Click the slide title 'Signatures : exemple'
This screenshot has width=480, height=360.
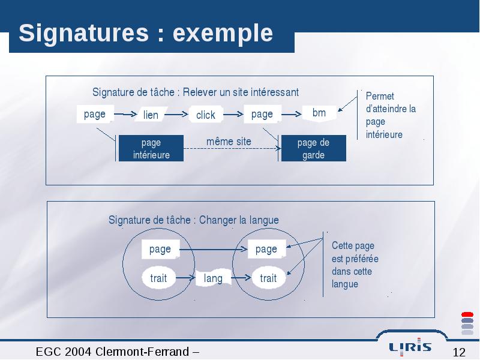(146, 33)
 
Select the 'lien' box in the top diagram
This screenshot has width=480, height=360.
(151, 114)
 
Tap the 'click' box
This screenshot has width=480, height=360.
(206, 114)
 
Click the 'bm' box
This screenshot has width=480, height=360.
(319, 113)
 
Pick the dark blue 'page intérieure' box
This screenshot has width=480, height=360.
(151, 148)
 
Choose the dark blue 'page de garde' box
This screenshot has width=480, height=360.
(313, 148)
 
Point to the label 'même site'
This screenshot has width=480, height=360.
(229, 142)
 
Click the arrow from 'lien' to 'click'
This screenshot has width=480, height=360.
(176, 115)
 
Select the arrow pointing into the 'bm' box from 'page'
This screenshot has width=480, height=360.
(292, 115)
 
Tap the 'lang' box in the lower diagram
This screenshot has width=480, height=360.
(214, 278)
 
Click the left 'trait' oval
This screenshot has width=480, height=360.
(158, 278)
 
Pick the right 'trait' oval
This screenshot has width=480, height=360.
(268, 278)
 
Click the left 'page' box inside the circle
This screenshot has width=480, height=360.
(160, 249)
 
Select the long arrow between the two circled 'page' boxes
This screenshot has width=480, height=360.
(214, 249)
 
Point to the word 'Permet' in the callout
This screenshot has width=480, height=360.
(380, 96)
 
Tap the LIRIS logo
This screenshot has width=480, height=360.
(410, 347)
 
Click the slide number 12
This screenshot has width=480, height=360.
(459, 352)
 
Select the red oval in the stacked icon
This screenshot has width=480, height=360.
(467, 314)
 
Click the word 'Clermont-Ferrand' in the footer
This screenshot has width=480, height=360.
(142, 352)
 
